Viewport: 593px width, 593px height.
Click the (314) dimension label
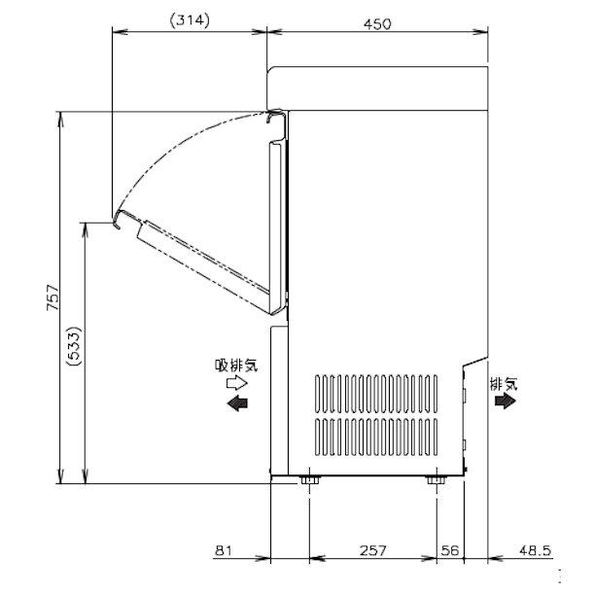190,20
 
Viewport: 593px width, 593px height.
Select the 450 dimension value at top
377,24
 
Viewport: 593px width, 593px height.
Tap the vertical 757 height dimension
52,297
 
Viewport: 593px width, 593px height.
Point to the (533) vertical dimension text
73,346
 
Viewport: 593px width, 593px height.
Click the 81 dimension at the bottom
224,550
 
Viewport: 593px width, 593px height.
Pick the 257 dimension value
373,550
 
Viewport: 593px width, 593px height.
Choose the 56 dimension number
450,550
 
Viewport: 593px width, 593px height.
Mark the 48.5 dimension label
535,550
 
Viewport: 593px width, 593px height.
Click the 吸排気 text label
236,366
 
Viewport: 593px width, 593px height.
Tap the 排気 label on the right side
504,384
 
